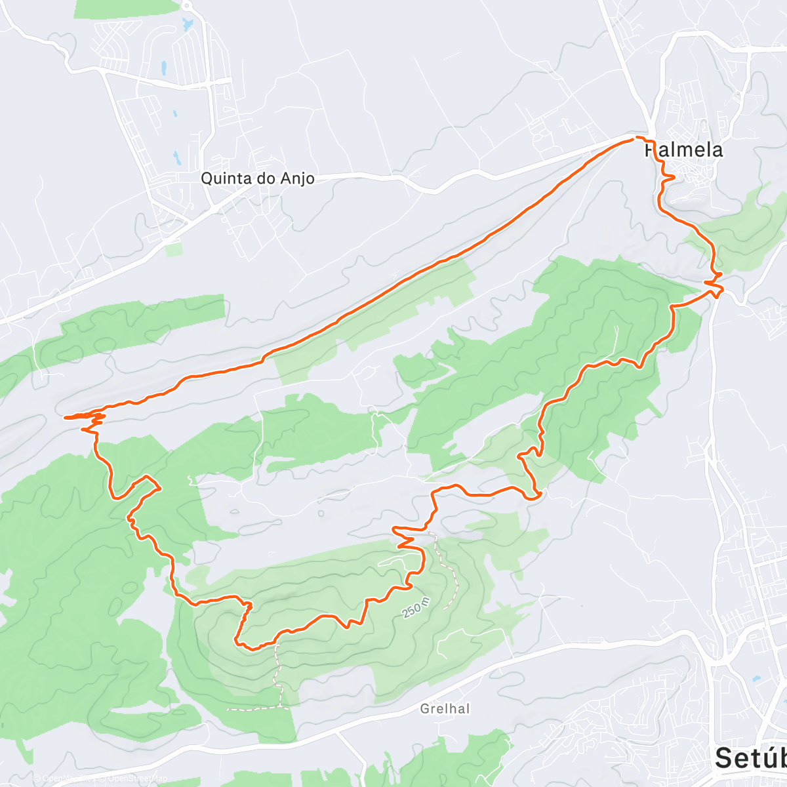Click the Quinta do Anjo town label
[x=257, y=178]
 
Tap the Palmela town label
[x=684, y=150]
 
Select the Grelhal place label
[x=445, y=709]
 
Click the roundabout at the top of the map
[x=188, y=6]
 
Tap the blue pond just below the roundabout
[x=189, y=26]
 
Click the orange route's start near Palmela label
[x=635, y=138]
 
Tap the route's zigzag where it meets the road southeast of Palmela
[x=715, y=282]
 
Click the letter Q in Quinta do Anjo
[x=206, y=178]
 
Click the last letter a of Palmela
[x=717, y=150]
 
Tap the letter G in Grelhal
[x=425, y=709]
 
